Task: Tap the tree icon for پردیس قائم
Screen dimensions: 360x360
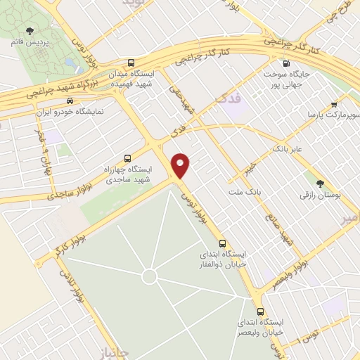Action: (30, 30)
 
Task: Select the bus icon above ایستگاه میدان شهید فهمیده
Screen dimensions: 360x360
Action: (132, 62)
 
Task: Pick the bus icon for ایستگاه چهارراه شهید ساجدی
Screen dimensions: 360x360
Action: (127, 157)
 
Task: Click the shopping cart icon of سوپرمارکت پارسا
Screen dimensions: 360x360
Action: (333, 104)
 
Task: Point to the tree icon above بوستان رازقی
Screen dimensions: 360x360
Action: (321, 184)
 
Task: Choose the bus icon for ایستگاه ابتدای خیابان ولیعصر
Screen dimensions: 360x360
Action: (261, 311)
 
